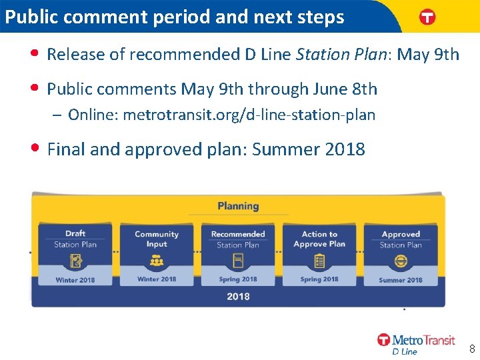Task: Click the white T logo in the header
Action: pos(427,18)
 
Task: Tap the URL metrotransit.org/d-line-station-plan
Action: pos(249,115)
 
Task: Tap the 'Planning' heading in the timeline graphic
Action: pos(238,206)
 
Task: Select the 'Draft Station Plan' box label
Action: pos(75,239)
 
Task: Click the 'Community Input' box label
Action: pos(157,239)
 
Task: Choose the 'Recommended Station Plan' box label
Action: pos(238,239)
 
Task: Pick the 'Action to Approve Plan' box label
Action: pos(319,239)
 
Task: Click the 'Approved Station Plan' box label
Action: pos(401,239)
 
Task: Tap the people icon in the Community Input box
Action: pos(157,261)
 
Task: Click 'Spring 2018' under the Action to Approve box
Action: pos(319,279)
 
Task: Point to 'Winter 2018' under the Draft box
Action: pos(75,280)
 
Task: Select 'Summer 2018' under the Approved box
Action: pos(401,280)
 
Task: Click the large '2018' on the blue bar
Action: pos(238,296)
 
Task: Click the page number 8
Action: pos(471,349)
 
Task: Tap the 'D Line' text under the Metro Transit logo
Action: pos(405,351)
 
